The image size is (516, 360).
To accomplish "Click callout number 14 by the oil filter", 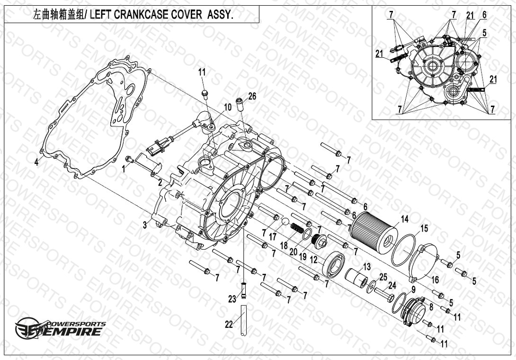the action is click(x=404, y=219).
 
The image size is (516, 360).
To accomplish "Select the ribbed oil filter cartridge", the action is click(x=374, y=232).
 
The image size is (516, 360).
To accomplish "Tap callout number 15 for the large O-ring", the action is click(x=424, y=228).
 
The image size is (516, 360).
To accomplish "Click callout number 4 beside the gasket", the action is click(x=36, y=162).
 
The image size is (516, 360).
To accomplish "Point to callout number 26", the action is click(x=252, y=97).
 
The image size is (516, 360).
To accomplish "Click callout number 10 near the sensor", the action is click(x=228, y=107).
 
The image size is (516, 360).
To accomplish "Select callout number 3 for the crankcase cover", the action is click(x=145, y=225).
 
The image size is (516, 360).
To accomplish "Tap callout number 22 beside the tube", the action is click(x=229, y=324).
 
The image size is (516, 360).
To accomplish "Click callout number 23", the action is click(x=232, y=299).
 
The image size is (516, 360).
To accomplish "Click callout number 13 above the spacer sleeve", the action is click(x=366, y=267).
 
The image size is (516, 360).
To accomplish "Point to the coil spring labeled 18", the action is click(x=297, y=228).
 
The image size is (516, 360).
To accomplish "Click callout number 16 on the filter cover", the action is click(x=435, y=280).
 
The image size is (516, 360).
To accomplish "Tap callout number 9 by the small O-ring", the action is click(x=414, y=290).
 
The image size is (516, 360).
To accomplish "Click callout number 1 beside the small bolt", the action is click(x=124, y=169).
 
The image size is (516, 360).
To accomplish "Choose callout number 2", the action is click(x=160, y=182).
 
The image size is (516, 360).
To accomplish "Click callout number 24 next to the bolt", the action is click(x=392, y=286).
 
